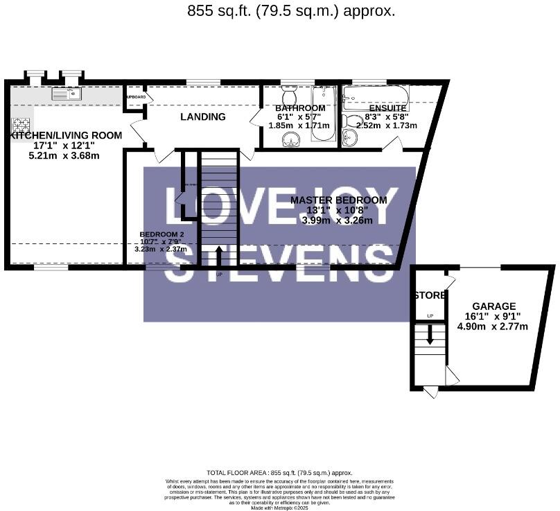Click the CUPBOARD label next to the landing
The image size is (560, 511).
[135, 97]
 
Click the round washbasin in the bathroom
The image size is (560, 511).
[292, 140]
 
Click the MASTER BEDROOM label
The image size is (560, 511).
[338, 200]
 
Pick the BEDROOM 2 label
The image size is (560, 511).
[161, 234]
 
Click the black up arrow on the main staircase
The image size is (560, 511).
[218, 254]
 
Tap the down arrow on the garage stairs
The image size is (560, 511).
[430, 336]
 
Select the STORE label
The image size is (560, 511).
[429, 295]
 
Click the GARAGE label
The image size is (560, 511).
[494, 306]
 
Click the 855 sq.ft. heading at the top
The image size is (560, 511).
[291, 10]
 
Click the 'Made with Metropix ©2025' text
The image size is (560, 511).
[280, 508]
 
